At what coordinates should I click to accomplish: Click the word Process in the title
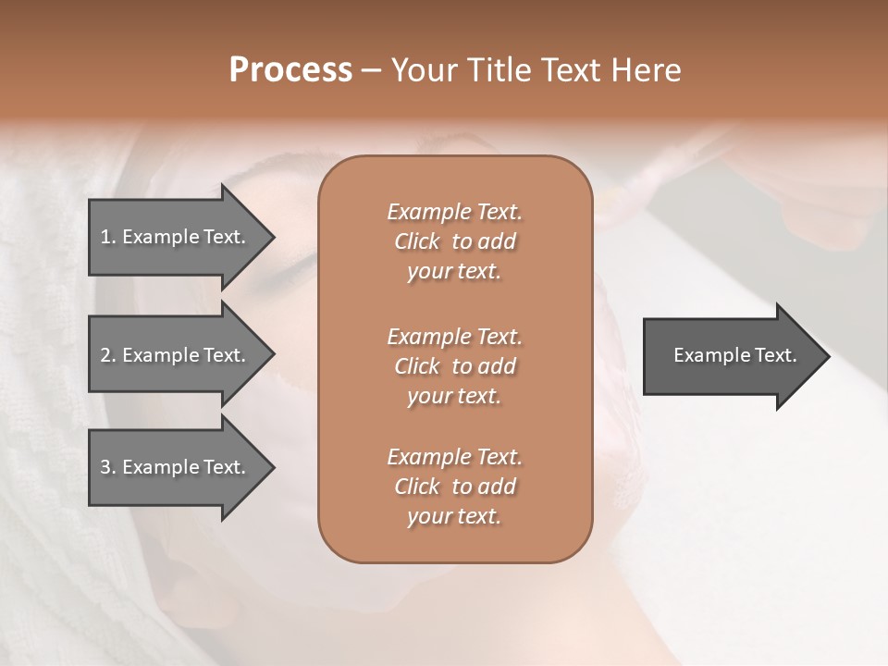(x=290, y=70)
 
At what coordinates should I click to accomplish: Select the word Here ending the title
(x=645, y=70)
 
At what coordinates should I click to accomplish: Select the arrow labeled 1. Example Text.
(x=176, y=237)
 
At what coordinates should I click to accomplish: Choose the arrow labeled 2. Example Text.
(x=176, y=355)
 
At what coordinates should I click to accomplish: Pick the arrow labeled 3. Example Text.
(x=176, y=467)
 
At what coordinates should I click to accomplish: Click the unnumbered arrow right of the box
(x=731, y=355)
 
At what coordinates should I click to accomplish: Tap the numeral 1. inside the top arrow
(x=108, y=237)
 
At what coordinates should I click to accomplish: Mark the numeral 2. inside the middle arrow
(x=108, y=355)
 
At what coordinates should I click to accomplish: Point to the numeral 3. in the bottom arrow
(x=108, y=467)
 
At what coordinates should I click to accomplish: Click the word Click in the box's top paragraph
(x=417, y=241)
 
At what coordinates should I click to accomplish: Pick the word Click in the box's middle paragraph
(x=417, y=366)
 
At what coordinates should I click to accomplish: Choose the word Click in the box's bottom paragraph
(x=417, y=487)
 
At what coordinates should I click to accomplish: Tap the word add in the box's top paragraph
(x=498, y=241)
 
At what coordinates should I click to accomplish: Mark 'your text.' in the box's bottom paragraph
(x=454, y=517)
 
